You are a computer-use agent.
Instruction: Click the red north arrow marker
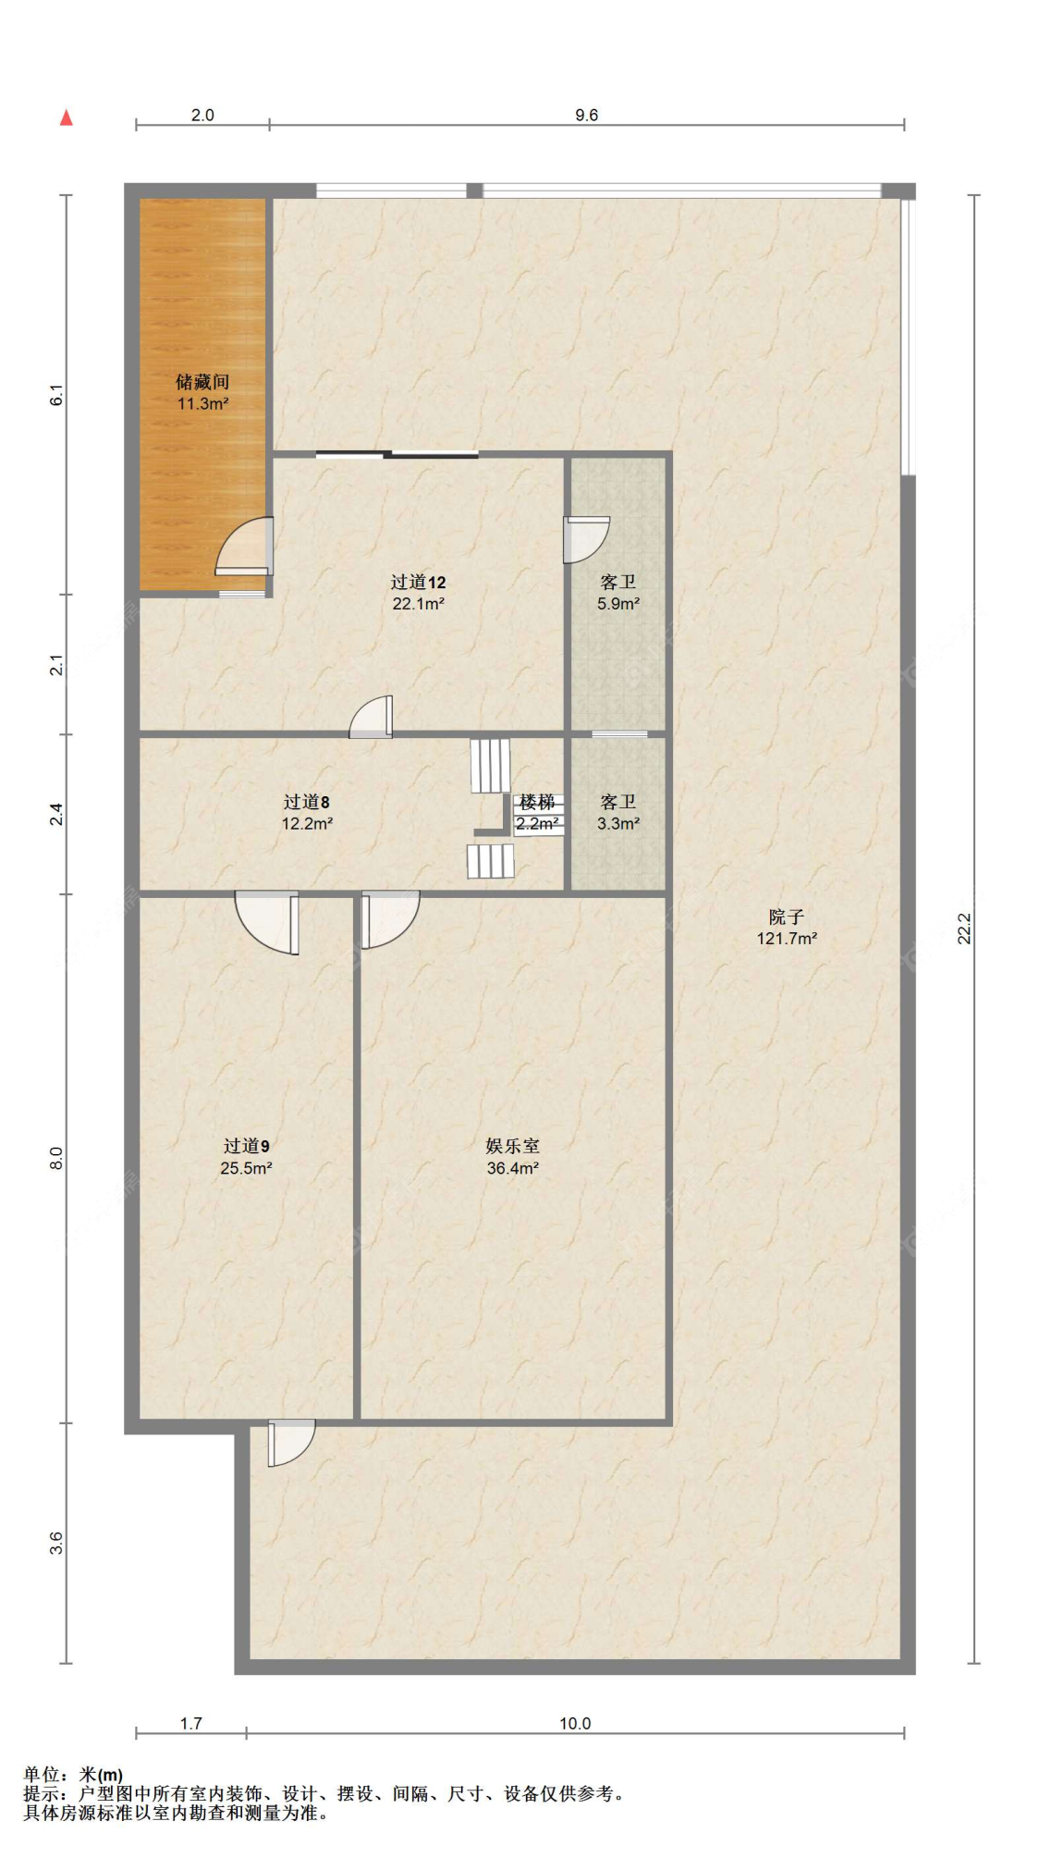click(x=66, y=117)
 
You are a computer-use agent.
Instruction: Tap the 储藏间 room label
click(x=202, y=382)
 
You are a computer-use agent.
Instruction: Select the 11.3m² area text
click(x=202, y=404)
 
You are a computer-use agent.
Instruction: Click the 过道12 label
click(x=418, y=582)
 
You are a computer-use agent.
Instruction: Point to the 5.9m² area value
click(x=618, y=604)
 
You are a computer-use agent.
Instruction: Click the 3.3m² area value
click(x=618, y=824)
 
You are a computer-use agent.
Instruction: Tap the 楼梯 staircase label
click(x=537, y=802)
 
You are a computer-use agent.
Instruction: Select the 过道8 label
click(x=306, y=802)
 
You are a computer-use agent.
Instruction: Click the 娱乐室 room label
click(x=513, y=1146)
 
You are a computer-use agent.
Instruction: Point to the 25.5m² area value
click(x=246, y=1168)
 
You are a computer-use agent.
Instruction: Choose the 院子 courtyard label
click(x=787, y=917)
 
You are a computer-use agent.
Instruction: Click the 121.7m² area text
click(x=787, y=939)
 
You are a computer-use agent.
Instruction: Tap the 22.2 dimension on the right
click(x=964, y=929)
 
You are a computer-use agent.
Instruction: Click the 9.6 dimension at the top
click(x=586, y=115)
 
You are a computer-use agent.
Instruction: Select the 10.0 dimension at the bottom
click(x=574, y=1723)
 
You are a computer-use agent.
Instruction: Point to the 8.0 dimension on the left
click(x=56, y=1158)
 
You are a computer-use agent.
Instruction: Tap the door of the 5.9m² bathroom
click(x=586, y=539)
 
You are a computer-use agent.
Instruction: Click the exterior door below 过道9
click(x=291, y=1443)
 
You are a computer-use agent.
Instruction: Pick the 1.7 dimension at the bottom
click(x=190, y=1723)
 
